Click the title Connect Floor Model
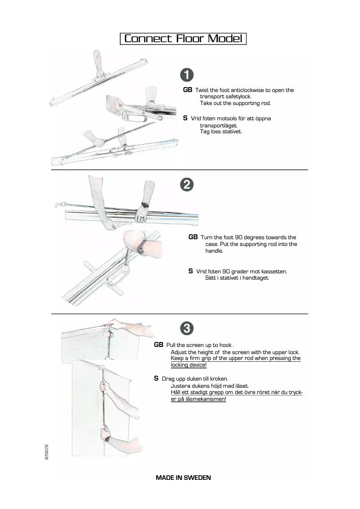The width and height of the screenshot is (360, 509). (183, 39)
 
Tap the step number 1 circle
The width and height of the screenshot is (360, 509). (187, 75)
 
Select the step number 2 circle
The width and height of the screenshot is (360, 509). (187, 184)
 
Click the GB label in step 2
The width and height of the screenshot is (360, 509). (193, 237)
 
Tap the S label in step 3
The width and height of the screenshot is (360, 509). (156, 378)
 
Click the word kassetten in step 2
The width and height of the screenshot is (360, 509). (274, 272)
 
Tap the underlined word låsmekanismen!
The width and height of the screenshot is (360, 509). (198, 399)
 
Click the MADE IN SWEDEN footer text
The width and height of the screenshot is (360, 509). (183, 478)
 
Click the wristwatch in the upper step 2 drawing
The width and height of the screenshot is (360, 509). (145, 205)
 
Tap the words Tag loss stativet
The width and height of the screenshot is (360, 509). (221, 132)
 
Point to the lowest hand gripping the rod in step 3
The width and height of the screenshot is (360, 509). (106, 434)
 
